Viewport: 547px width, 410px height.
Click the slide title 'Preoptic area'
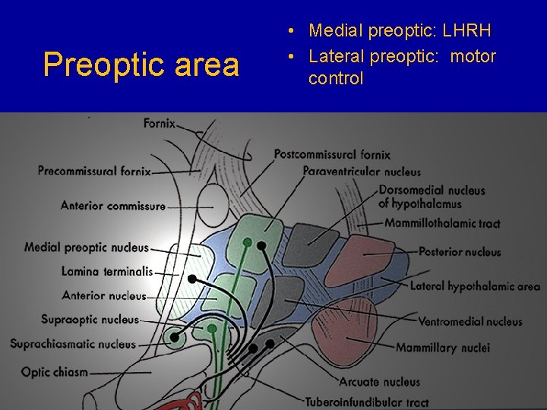pos(141,65)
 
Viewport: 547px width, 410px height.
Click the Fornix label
pos(160,123)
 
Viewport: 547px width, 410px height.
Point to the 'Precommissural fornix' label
pos(94,172)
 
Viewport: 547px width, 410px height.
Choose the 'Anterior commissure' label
pos(112,205)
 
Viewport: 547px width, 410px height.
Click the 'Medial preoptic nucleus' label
pos(86,248)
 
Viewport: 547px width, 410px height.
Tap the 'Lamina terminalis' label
pos(107,271)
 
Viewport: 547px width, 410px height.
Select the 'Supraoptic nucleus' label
pos(90,320)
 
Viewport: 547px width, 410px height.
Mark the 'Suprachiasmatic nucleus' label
pos(73,344)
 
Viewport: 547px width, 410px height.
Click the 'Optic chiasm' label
pos(55,372)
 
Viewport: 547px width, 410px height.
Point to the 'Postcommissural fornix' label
pos(332,155)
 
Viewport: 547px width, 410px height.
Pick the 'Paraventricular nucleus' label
pos(362,172)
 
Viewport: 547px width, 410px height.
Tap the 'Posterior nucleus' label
pos(460,252)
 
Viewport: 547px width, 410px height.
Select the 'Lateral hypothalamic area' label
pos(475,286)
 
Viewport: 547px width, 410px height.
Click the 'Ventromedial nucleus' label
pos(470,322)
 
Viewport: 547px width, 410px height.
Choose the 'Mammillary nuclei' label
pos(442,348)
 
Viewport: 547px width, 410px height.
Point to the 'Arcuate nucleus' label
pos(379,382)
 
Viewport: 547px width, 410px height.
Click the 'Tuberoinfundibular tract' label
pos(366,402)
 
